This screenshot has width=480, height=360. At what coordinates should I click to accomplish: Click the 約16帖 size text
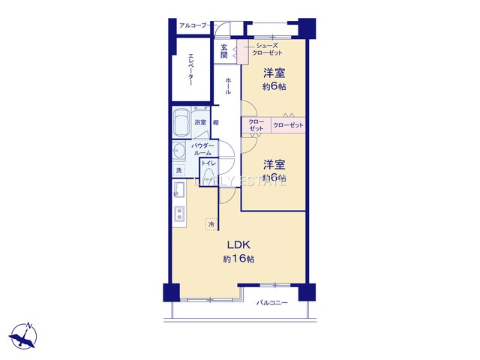click(x=238, y=259)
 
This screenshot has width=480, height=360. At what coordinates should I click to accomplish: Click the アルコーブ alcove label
click(x=193, y=26)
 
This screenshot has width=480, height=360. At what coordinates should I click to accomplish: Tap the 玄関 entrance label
click(x=224, y=53)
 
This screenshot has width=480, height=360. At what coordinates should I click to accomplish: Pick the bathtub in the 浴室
click(x=181, y=123)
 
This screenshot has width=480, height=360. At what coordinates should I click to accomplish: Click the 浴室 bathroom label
click(x=200, y=122)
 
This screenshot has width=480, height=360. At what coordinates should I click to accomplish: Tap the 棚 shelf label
click(x=215, y=122)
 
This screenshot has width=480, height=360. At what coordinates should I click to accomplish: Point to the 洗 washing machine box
click(x=178, y=170)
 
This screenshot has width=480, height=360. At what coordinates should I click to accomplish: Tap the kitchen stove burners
click(x=179, y=214)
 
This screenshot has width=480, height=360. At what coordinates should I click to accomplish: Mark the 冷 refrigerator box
click(x=211, y=223)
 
